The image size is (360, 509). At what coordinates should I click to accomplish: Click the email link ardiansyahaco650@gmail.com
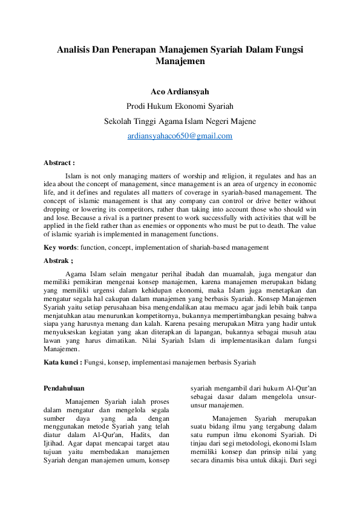tap(180, 136)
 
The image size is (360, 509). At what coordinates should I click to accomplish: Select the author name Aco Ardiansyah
tap(180, 92)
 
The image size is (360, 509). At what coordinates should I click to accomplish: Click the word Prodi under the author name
tap(137, 106)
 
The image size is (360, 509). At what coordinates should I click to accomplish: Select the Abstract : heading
tap(59, 163)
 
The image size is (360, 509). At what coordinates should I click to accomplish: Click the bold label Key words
tap(60, 247)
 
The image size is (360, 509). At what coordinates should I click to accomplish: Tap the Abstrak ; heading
tap(58, 261)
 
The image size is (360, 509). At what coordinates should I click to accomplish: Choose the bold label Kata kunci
tap(62, 362)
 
